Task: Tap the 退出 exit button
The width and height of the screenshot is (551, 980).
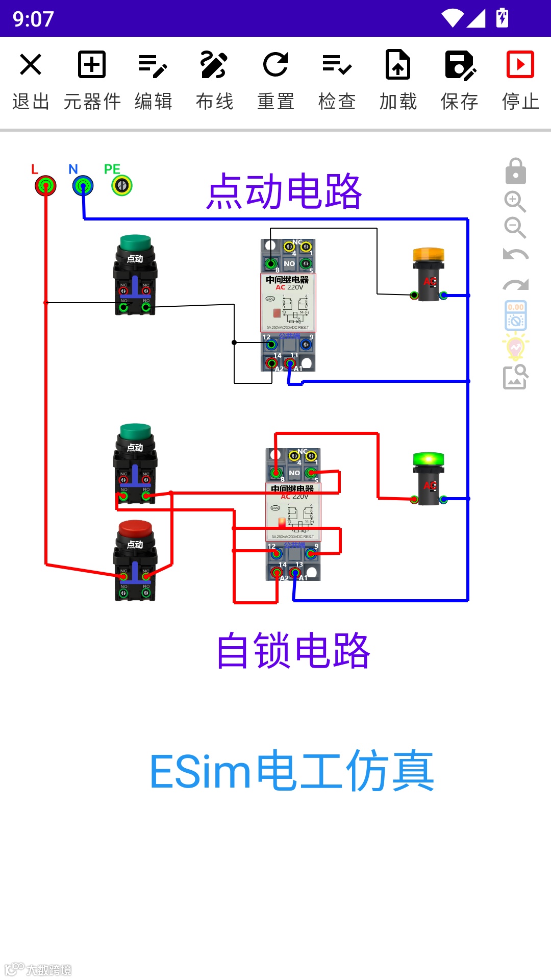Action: (31, 80)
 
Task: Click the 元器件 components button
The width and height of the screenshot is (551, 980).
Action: (92, 80)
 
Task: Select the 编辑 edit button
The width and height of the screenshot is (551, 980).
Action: (153, 80)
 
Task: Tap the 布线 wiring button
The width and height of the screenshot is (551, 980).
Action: (214, 80)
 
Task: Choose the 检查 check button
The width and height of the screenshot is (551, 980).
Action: (337, 80)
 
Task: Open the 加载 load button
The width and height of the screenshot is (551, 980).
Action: (398, 80)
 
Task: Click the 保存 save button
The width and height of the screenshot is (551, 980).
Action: (459, 80)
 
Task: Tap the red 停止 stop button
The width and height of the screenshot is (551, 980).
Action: (520, 80)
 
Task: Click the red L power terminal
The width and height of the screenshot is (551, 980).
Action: (45, 185)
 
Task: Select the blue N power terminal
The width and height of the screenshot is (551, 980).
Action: (83, 185)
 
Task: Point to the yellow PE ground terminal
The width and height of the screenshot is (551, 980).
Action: (122, 185)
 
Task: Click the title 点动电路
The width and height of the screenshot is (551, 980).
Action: (284, 191)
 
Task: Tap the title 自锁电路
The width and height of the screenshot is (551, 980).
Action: (293, 651)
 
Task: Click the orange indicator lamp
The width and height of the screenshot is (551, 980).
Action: (429, 273)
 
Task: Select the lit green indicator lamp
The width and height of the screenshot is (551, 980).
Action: (429, 477)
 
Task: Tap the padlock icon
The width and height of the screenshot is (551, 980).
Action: (515, 171)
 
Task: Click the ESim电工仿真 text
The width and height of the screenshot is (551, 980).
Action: (292, 771)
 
